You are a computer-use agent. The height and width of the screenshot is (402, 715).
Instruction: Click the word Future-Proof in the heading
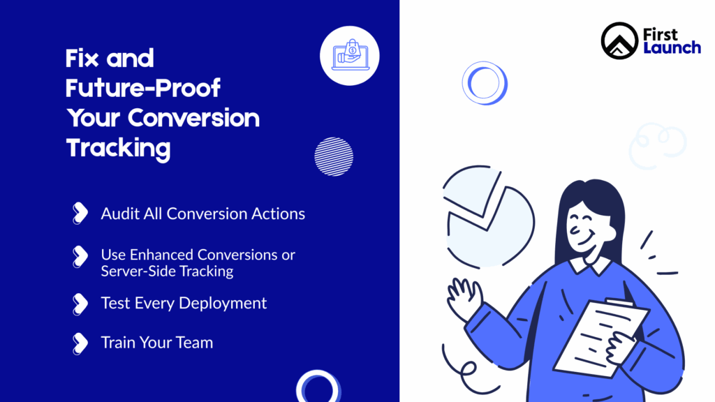click(143, 88)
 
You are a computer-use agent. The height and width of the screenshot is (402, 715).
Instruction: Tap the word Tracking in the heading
click(118, 148)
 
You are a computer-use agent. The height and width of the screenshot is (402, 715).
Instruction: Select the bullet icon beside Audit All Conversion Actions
click(80, 214)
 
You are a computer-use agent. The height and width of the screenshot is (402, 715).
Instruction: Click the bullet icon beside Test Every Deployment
click(80, 304)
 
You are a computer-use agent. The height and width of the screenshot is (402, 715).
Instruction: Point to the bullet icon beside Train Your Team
click(80, 343)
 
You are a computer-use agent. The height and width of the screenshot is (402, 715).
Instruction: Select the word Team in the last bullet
click(194, 343)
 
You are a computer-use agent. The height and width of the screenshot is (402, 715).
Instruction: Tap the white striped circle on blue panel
click(334, 156)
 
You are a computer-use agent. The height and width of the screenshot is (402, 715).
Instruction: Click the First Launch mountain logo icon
click(620, 40)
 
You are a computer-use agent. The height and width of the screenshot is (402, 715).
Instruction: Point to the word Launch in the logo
click(672, 48)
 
